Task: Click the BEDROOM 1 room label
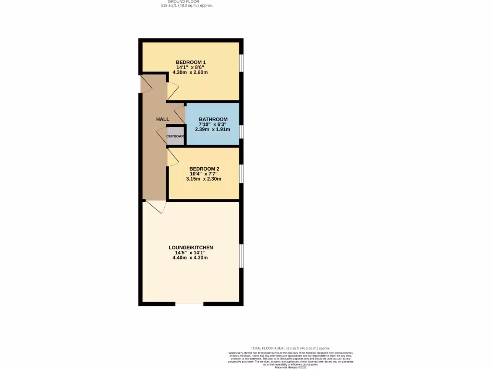191,62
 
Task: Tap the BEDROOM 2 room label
204,169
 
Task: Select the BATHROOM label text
213,119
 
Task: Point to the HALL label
163,119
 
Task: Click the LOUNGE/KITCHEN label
191,247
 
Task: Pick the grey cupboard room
175,136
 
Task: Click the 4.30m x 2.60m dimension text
191,73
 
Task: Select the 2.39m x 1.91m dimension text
213,129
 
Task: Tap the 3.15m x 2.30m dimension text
204,179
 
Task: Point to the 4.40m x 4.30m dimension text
190,258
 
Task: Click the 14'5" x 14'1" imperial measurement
190,253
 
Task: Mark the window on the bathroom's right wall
241,131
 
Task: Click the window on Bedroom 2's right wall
241,173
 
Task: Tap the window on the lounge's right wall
241,255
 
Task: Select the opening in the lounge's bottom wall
189,304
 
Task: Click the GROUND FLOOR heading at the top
183,1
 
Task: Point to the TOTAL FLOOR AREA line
290,348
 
